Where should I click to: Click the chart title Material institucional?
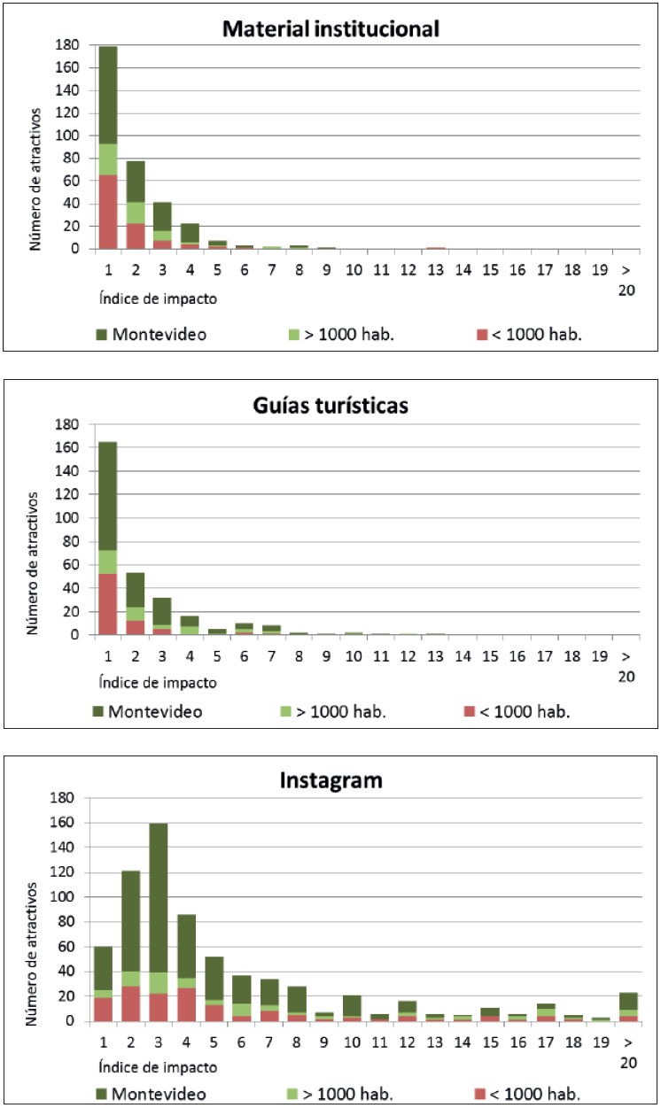pyautogui.click(x=330, y=28)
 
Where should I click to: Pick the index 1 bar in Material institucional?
pyautogui.click(x=107, y=147)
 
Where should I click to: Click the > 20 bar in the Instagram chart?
pyautogui.click(x=627, y=1006)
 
